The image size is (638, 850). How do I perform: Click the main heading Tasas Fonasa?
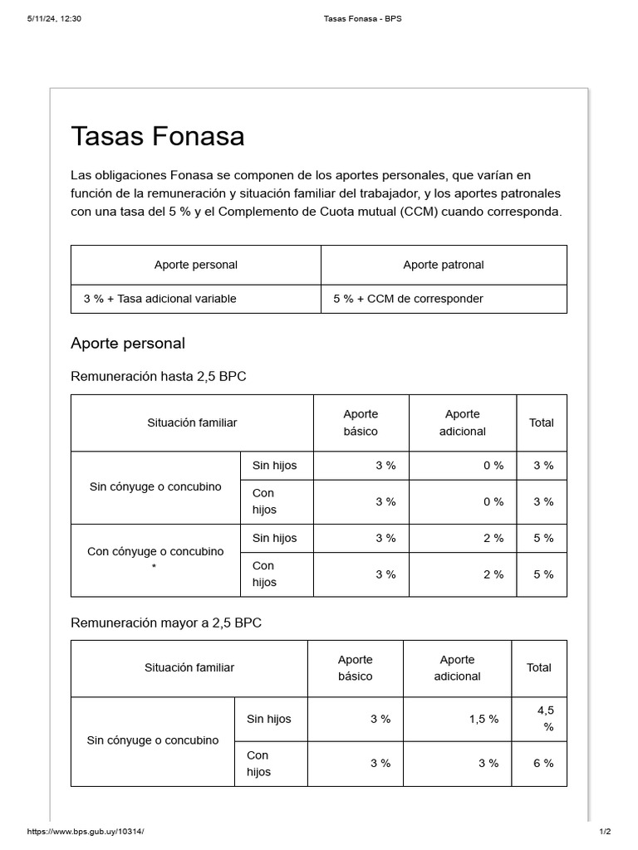click(x=158, y=136)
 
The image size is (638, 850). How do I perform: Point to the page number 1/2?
click(x=605, y=831)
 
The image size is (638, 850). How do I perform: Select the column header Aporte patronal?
click(x=444, y=265)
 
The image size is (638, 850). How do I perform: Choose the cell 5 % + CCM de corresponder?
click(x=408, y=299)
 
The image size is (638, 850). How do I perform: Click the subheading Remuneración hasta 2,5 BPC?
click(x=159, y=377)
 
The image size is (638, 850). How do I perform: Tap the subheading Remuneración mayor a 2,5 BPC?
click(x=166, y=623)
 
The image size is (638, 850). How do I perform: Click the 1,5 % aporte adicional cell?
click(x=483, y=720)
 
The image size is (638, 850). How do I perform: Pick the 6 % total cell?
click(x=543, y=764)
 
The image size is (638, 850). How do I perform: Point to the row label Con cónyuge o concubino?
click(x=155, y=551)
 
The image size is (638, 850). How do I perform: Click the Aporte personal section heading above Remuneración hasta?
click(x=128, y=344)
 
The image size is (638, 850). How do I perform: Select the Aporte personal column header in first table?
click(x=196, y=265)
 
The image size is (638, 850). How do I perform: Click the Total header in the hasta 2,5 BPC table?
click(x=542, y=423)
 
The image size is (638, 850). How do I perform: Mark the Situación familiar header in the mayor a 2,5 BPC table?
click(x=189, y=668)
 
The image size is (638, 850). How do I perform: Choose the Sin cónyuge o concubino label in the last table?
click(x=153, y=740)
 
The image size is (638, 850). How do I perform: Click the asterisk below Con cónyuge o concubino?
click(x=155, y=568)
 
